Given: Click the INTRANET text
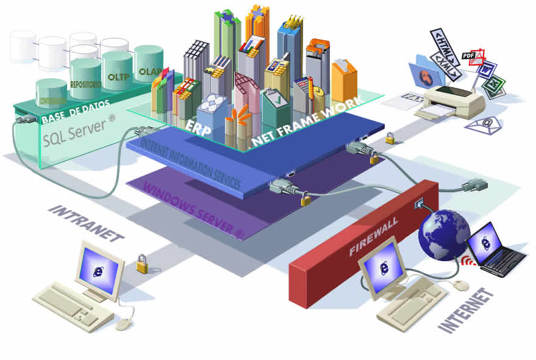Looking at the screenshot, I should click(x=86, y=223).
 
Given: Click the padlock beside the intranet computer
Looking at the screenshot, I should click(x=142, y=264).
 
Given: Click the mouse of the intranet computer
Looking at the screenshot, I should click(x=124, y=324).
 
